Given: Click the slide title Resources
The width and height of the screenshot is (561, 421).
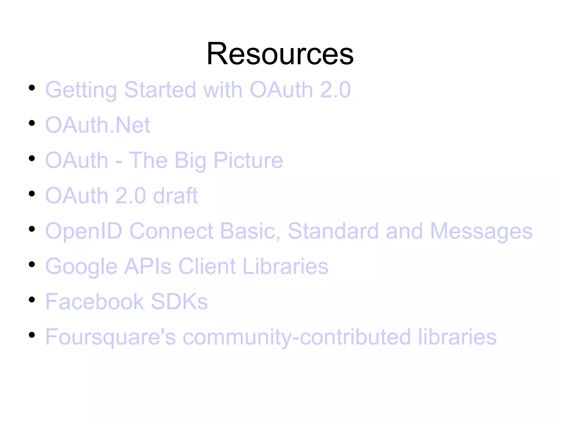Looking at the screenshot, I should pyautogui.click(x=280, y=54).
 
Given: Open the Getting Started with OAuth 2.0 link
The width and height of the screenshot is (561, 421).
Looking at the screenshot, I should pyautogui.click(x=198, y=90).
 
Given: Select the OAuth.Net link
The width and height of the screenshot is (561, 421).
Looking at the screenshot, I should pyautogui.click(x=98, y=125).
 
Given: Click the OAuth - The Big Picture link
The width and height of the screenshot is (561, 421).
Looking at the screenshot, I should pyautogui.click(x=164, y=160).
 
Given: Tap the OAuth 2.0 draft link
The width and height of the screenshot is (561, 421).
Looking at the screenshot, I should pyautogui.click(x=122, y=196).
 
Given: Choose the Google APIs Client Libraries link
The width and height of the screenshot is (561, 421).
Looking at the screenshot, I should pyautogui.click(x=187, y=266).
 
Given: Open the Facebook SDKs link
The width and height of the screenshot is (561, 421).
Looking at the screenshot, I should pyautogui.click(x=127, y=301).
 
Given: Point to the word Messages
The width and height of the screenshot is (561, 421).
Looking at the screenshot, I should pyautogui.click(x=481, y=231).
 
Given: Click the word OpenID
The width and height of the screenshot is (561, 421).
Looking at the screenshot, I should pyautogui.click(x=84, y=231).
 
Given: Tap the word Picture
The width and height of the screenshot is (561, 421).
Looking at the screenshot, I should pyautogui.click(x=248, y=160).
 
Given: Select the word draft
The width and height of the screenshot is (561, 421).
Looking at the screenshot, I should pyautogui.click(x=176, y=196).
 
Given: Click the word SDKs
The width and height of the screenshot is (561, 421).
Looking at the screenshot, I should pyautogui.click(x=179, y=301).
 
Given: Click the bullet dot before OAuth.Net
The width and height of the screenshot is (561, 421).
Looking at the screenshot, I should pyautogui.click(x=32, y=123).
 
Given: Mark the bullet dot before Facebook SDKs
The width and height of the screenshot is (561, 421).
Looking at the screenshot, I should pyautogui.click(x=32, y=299).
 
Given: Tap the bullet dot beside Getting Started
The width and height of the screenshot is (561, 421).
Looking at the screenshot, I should pyautogui.click(x=32, y=88).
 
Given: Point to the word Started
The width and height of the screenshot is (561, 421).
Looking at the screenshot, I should pyautogui.click(x=160, y=90).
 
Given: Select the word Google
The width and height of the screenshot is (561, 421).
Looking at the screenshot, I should pyautogui.click(x=81, y=266).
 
